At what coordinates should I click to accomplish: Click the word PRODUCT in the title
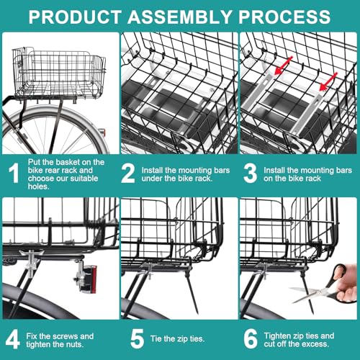tap(75, 17)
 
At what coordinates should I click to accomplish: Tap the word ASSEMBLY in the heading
tap(179, 17)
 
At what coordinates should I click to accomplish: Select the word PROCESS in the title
tap(284, 17)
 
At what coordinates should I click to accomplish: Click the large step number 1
tap(14, 174)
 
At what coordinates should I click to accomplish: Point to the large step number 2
tap(128, 174)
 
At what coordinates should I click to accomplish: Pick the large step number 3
tap(250, 174)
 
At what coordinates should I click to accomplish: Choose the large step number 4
tap(12, 339)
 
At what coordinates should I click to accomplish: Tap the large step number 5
tap(137, 339)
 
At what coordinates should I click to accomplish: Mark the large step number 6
tap(251, 339)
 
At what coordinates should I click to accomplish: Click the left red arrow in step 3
tap(284, 66)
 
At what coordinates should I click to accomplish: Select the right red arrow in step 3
tap(328, 81)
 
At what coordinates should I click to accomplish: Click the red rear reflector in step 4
tap(93, 279)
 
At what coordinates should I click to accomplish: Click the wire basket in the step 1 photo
tap(59, 73)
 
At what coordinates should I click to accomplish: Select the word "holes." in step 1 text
tap(38, 186)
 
